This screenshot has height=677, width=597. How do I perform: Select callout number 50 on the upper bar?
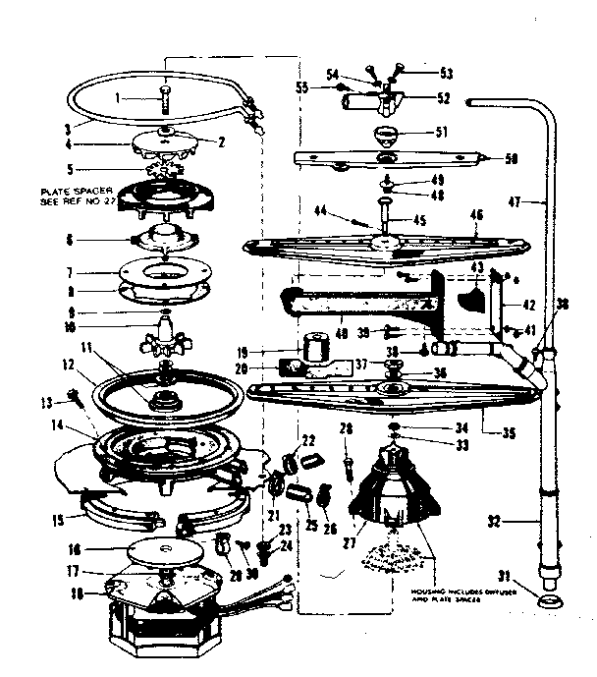point(511,158)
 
